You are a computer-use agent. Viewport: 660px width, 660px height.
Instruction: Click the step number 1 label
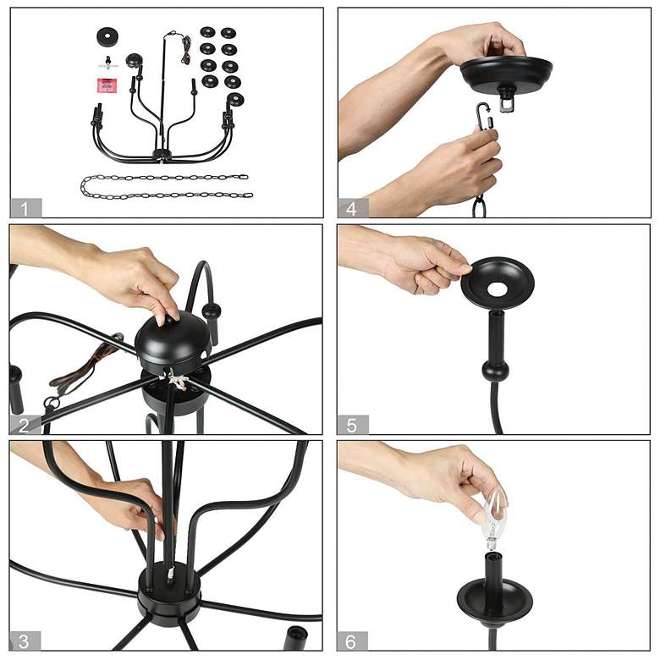tap(25, 209)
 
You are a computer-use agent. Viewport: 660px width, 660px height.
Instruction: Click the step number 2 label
tap(25, 426)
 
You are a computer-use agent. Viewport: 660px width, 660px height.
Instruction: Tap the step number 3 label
tap(25, 641)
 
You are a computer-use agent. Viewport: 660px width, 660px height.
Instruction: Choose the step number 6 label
tap(351, 641)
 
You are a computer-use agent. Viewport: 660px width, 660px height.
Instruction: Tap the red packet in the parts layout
tap(107, 85)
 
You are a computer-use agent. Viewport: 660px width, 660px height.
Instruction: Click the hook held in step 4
tap(485, 118)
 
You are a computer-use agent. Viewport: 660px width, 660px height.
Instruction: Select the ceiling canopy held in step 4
tap(506, 75)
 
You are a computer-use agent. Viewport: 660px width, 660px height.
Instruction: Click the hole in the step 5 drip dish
tap(498, 289)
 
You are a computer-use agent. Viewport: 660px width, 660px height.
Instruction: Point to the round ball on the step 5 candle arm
tap(495, 371)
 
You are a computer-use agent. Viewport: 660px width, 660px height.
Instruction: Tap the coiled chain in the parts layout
tap(166, 186)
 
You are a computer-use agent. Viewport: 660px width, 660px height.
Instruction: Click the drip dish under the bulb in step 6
tap(495, 597)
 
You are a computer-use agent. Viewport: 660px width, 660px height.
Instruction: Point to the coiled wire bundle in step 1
tap(186, 50)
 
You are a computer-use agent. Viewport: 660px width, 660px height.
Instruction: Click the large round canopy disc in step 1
tap(107, 37)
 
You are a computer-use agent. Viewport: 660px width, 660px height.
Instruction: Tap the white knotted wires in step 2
tap(177, 380)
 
